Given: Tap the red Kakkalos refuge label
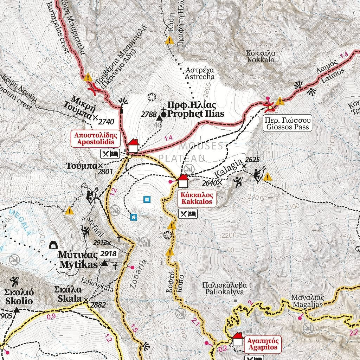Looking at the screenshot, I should click(x=197, y=198).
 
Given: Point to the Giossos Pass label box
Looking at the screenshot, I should click(x=288, y=123).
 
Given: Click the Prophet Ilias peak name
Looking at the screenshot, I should click(x=195, y=109).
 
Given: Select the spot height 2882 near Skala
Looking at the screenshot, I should click(x=98, y=305).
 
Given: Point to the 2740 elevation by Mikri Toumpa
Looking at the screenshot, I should click(x=107, y=122).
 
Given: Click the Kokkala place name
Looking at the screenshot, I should click(x=261, y=56).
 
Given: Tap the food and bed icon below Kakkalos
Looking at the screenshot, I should click(x=188, y=214).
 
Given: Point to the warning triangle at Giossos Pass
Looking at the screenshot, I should click(x=280, y=102).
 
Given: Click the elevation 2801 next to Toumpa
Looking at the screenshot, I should click(x=105, y=172).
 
